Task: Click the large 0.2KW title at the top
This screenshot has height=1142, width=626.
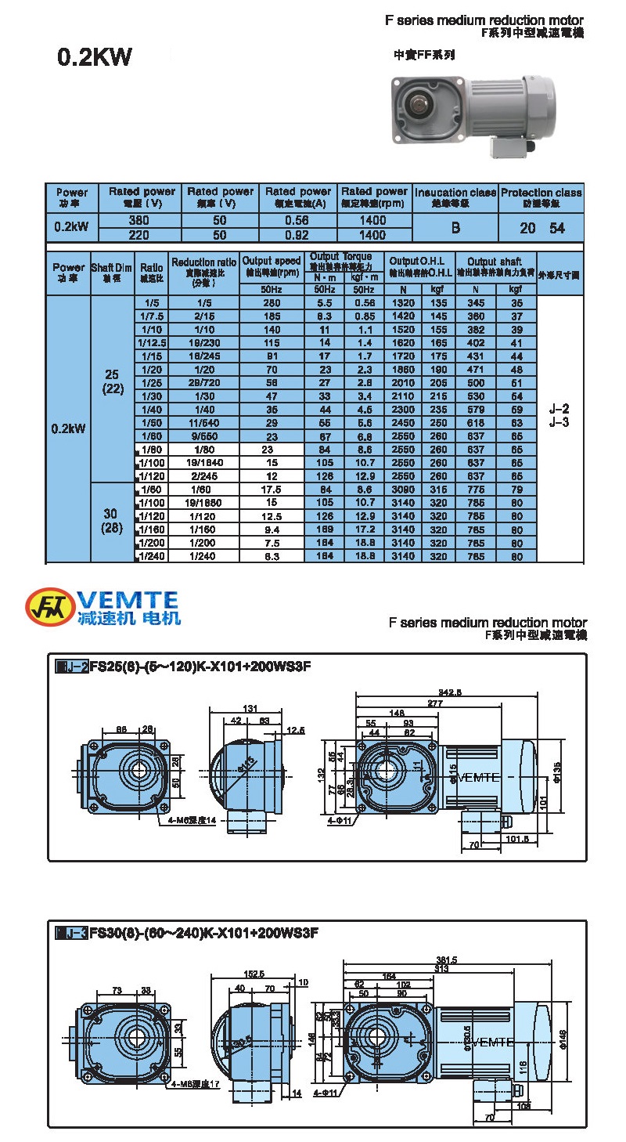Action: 95,58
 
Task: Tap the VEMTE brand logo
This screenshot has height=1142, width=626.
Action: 103,608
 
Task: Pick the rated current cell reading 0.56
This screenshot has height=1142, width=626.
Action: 298,221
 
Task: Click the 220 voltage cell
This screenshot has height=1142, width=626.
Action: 139,234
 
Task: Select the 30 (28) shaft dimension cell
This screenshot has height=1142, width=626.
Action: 113,522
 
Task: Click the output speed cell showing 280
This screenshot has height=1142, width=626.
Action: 272,302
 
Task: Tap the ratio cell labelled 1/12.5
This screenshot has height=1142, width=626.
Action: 153,342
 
